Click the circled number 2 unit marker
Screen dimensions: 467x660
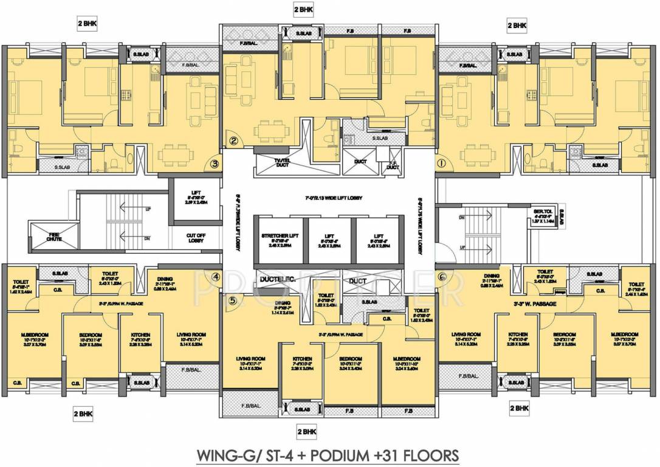click(x=233, y=142)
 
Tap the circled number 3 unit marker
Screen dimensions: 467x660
click(x=215, y=163)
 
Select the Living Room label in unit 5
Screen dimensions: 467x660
click(x=250, y=362)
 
